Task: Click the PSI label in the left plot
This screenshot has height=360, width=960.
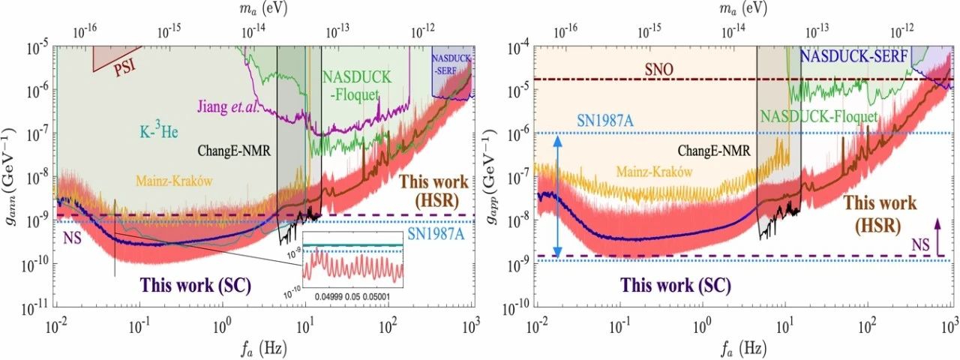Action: [127, 70]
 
